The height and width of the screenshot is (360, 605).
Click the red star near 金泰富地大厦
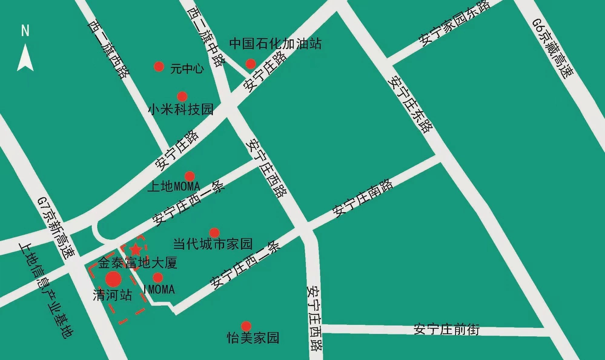[x=135, y=250]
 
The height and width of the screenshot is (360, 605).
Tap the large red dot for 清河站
[x=114, y=279]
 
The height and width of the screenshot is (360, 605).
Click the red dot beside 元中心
[x=159, y=66]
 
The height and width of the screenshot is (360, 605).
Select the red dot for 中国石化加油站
[x=250, y=64]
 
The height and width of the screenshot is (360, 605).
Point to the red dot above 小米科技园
[x=182, y=97]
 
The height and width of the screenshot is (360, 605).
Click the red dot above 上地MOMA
[x=190, y=176]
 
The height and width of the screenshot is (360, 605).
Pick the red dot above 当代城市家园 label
[x=214, y=233]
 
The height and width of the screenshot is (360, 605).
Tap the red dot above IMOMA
[x=158, y=277]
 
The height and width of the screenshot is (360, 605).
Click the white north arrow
[x=25, y=58]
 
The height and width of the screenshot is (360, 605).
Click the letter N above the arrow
[x=25, y=31]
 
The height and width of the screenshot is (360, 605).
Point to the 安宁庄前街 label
[x=447, y=329]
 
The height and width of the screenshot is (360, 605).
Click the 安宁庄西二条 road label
[x=245, y=265]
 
